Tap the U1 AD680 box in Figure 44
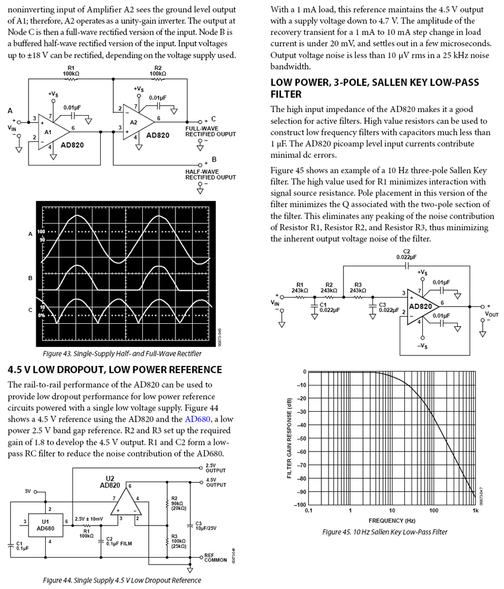coord(46,524)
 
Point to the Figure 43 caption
coord(122,354)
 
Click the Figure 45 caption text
coord(385,532)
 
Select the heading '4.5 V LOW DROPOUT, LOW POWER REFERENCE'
coord(115,370)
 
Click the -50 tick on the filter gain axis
coord(301,438)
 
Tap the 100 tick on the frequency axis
coord(433,510)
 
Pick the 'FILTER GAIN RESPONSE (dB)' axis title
coord(289,438)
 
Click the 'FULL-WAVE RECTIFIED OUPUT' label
coord(210,131)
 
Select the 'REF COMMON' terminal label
coord(215,558)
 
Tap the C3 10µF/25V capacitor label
coord(206,526)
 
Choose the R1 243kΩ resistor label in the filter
coord(299,288)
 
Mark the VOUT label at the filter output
coord(491,314)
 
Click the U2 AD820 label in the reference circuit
coord(110,481)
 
